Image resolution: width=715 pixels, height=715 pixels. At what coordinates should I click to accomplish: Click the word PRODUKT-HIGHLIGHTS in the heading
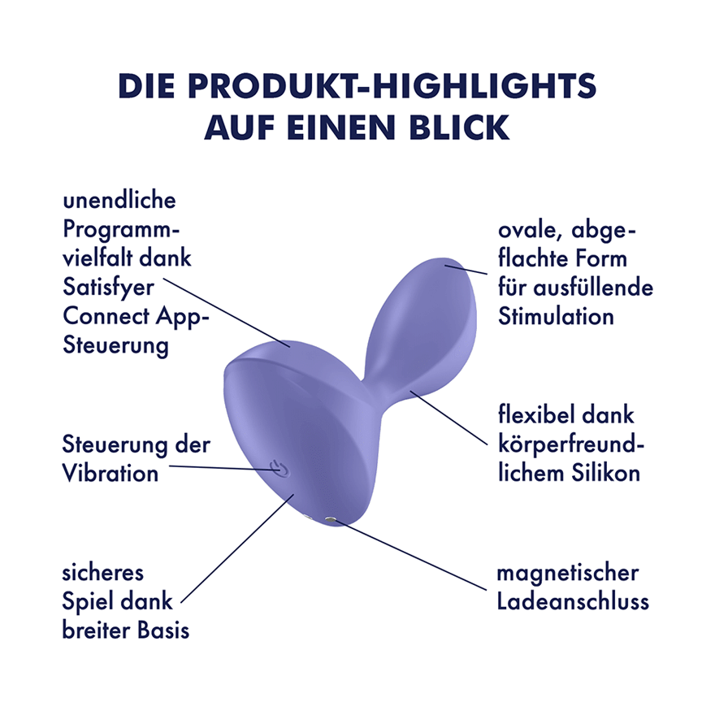click(392, 86)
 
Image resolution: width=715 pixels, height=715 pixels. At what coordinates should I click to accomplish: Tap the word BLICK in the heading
click(459, 128)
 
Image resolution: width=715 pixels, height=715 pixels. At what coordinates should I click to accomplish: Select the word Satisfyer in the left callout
click(109, 288)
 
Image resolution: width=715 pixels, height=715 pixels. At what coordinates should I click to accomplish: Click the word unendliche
click(119, 201)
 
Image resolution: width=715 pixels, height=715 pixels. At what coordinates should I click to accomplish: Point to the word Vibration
click(110, 474)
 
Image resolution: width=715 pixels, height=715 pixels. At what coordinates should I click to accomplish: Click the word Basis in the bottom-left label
click(162, 630)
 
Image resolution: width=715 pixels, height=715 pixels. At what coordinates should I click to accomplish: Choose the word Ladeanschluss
click(573, 601)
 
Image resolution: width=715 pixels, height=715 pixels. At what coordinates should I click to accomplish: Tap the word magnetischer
click(568, 573)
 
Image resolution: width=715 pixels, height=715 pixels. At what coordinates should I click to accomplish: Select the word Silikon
click(606, 473)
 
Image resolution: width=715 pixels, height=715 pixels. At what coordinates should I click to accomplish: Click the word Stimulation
click(556, 316)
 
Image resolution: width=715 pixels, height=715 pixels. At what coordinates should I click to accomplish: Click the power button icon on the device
click(279, 468)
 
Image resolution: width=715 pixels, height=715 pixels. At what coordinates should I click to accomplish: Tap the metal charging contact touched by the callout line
click(330, 519)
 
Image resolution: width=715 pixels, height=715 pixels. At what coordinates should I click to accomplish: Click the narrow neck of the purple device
click(374, 389)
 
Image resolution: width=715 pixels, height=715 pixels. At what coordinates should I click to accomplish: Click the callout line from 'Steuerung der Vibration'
click(223, 468)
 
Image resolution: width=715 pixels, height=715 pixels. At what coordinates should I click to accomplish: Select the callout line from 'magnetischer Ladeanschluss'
click(411, 556)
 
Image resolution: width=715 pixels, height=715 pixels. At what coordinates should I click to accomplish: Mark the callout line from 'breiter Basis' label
click(237, 548)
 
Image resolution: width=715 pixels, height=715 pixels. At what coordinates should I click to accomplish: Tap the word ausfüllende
click(593, 288)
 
